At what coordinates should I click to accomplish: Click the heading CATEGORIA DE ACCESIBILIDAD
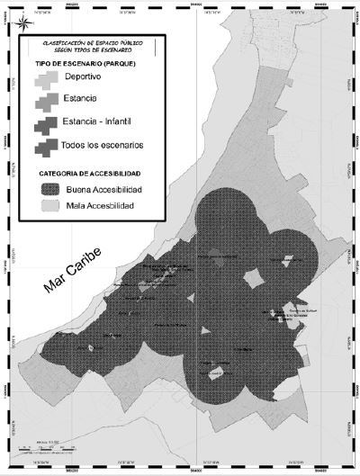[x=89, y=172]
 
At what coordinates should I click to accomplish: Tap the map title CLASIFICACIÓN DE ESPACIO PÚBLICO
[x=94, y=41]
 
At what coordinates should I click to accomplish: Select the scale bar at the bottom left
[x=45, y=447]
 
